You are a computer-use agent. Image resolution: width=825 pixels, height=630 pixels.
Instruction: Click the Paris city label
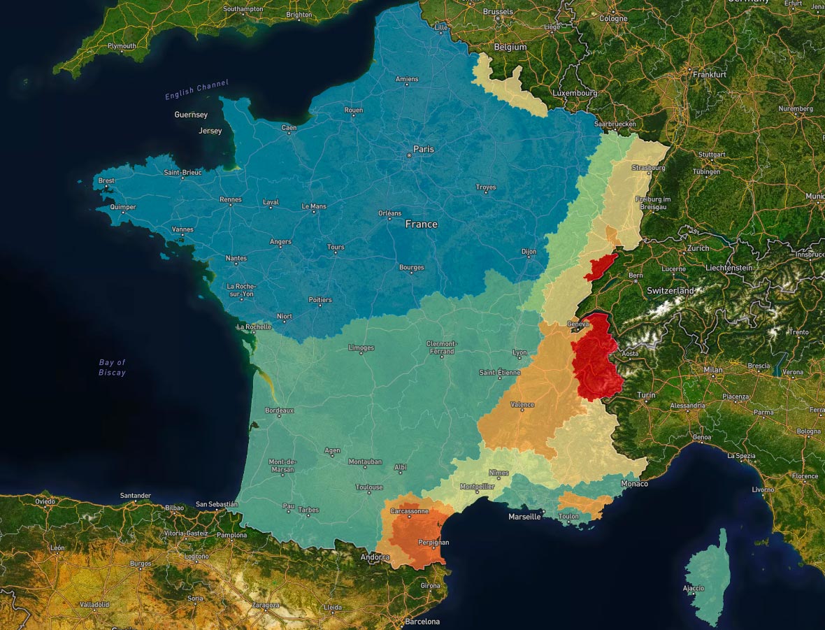tap(424, 149)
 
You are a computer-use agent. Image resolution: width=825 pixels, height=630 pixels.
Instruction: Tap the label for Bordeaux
tap(280, 410)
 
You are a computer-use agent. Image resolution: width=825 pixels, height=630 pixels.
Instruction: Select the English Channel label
tap(196, 90)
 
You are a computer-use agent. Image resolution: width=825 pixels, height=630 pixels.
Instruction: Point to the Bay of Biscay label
tap(112, 367)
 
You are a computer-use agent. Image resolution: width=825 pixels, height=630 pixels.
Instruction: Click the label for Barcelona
tap(422, 622)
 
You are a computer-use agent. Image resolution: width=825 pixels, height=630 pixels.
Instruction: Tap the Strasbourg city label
tap(648, 168)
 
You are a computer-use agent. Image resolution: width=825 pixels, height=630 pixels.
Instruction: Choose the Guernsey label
tap(191, 114)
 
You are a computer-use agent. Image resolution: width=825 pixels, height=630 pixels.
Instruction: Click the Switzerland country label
tap(670, 290)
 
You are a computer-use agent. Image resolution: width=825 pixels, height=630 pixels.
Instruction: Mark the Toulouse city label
tap(369, 487)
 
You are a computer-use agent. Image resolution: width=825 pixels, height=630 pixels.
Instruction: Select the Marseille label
tap(524, 517)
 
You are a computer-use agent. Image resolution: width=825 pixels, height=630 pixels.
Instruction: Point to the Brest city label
tap(106, 180)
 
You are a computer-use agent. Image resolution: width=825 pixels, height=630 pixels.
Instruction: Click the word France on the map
tap(422, 224)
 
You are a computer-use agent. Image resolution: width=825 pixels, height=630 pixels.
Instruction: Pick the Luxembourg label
tap(575, 92)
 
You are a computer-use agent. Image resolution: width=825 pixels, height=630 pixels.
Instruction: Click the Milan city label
tap(713, 370)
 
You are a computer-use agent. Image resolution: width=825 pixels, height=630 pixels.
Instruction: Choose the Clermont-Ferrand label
tap(442, 348)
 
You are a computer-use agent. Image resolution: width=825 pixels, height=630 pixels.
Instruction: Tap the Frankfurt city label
tap(710, 74)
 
